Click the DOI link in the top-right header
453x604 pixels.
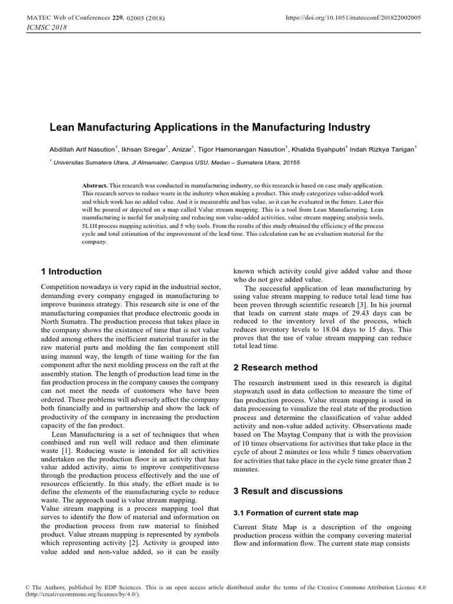(x=353, y=18)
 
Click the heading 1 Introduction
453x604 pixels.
(x=71, y=272)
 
